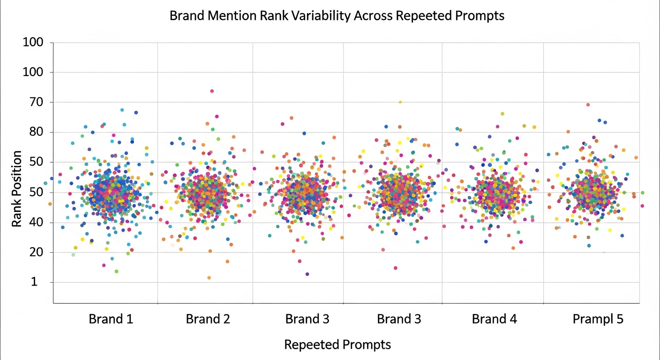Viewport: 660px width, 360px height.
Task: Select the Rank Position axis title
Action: [x=17, y=189]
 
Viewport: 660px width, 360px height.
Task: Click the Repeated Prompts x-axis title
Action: [x=337, y=345]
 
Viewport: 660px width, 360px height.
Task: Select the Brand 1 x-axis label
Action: [x=111, y=319]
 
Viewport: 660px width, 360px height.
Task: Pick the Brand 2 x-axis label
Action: [x=208, y=319]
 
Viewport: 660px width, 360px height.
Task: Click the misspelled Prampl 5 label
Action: [x=598, y=319]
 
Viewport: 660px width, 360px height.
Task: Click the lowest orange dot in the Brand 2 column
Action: [x=209, y=278]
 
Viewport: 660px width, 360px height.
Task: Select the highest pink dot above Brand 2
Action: [x=212, y=91]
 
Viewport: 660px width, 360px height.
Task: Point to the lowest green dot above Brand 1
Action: [x=116, y=271]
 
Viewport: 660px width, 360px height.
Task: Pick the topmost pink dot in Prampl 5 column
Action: [x=588, y=105]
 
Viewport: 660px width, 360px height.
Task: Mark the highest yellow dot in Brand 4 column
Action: [x=502, y=113]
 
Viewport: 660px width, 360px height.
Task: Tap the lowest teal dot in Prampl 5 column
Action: [x=589, y=246]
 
